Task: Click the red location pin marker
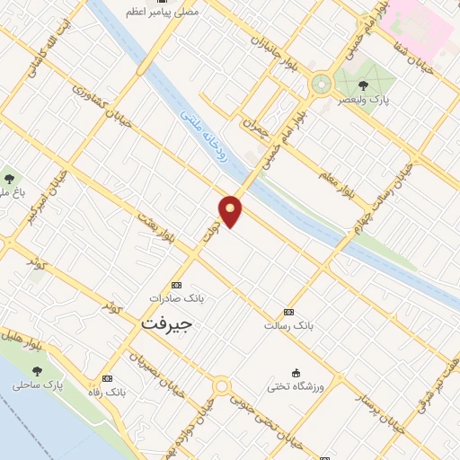(x=231, y=210)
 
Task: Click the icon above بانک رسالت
(x=287, y=311)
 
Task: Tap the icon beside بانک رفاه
(x=109, y=379)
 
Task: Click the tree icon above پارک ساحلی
(x=37, y=370)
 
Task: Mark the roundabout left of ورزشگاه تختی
(x=220, y=387)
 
